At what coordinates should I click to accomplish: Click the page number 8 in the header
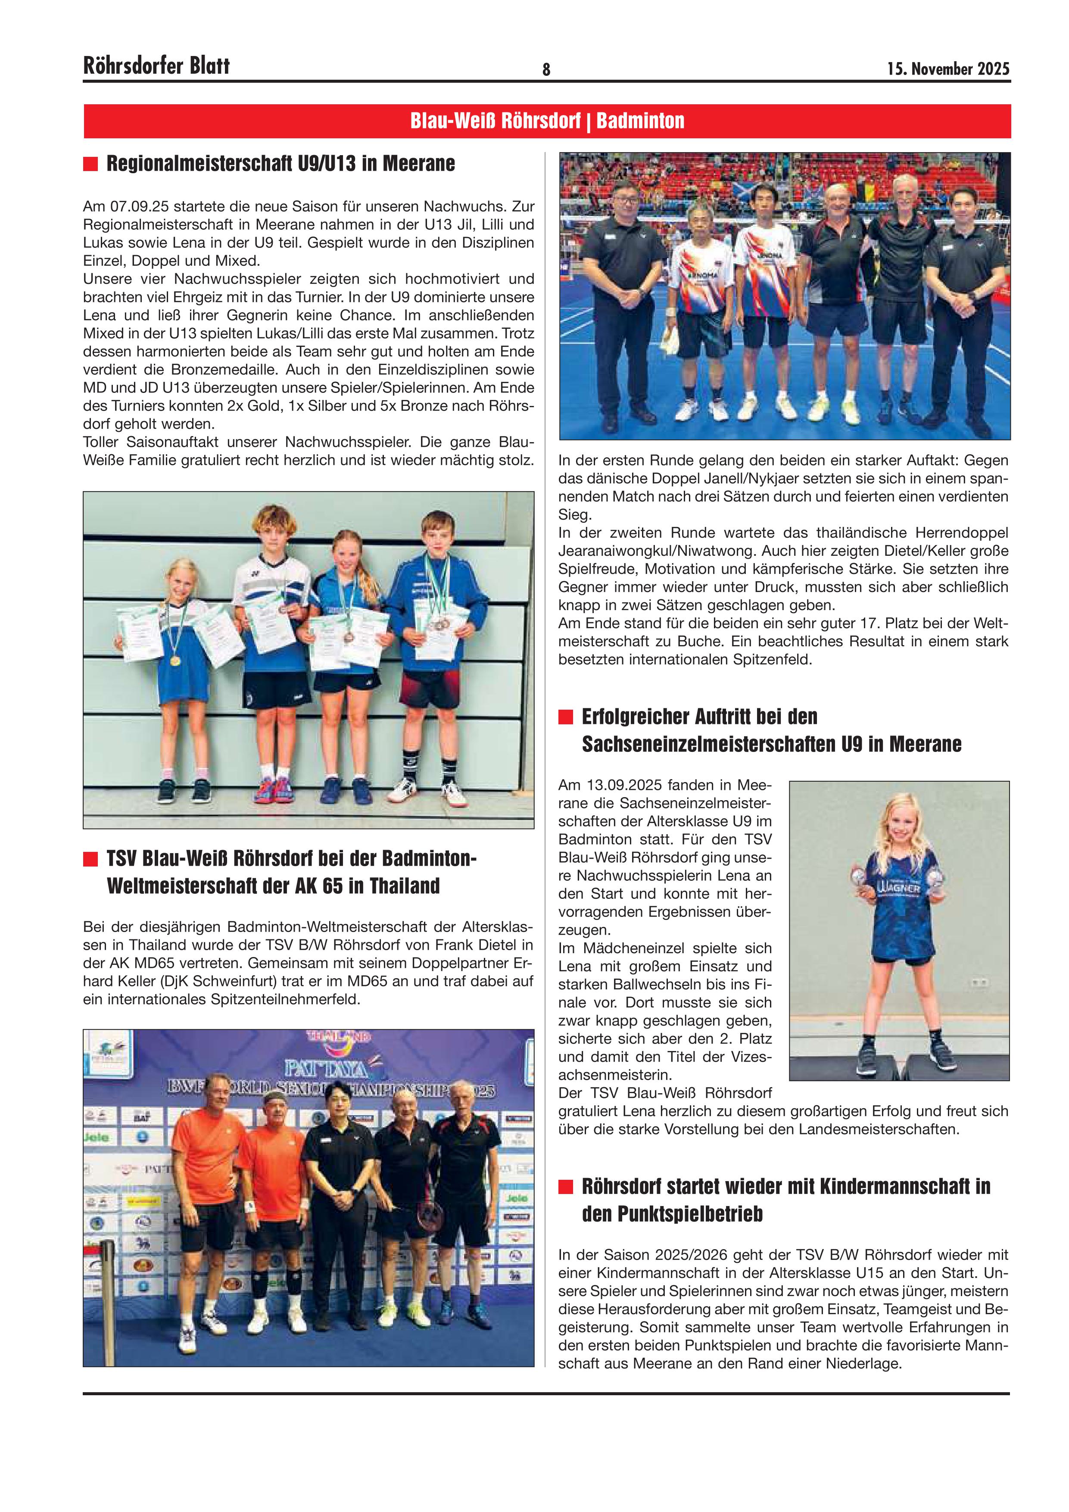[x=546, y=69]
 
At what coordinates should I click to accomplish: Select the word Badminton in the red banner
[x=640, y=121]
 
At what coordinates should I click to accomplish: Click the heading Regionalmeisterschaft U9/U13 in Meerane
[x=280, y=163]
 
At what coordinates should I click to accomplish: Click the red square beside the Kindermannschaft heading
[x=566, y=1187]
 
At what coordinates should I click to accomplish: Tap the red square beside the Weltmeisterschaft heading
[x=90, y=859]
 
